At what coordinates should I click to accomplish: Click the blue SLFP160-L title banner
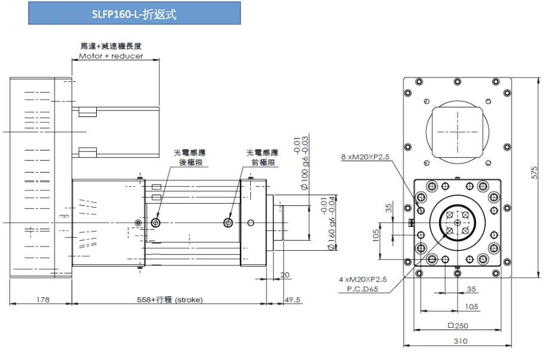point(134,13)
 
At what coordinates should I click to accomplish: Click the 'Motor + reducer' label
point(111,56)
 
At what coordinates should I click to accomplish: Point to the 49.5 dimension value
point(293,300)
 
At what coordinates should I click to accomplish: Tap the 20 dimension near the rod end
point(284,275)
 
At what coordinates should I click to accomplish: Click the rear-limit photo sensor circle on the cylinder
point(157,223)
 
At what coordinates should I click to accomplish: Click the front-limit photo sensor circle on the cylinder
point(229,223)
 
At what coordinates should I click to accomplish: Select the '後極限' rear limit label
point(189,162)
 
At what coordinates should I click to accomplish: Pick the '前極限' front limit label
point(262,162)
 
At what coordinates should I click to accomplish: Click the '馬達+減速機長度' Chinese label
point(111,46)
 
